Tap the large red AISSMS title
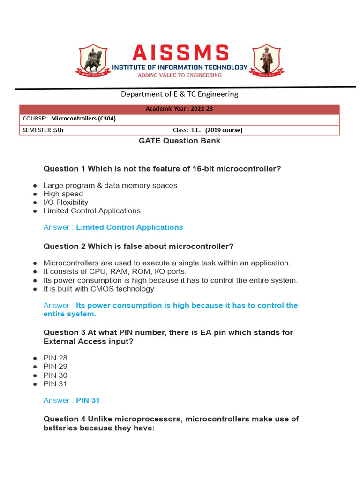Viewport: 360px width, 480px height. click(180, 52)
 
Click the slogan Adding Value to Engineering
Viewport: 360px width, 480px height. click(180, 75)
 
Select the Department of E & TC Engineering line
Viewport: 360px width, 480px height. click(180, 94)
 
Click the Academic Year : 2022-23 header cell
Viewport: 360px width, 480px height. click(180, 109)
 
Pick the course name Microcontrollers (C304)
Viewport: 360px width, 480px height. click(83, 119)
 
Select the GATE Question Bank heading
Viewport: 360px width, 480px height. click(180, 141)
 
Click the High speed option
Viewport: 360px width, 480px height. click(63, 194)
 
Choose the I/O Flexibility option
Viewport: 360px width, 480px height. click(66, 202)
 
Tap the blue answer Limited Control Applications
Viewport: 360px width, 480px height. click(129, 227)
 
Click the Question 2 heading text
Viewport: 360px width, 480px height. click(138, 247)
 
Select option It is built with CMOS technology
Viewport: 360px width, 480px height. click(99, 289)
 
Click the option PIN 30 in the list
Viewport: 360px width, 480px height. click(55, 375)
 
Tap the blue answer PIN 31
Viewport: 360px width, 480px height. click(88, 400)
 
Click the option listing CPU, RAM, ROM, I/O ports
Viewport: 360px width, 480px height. click(115, 271)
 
